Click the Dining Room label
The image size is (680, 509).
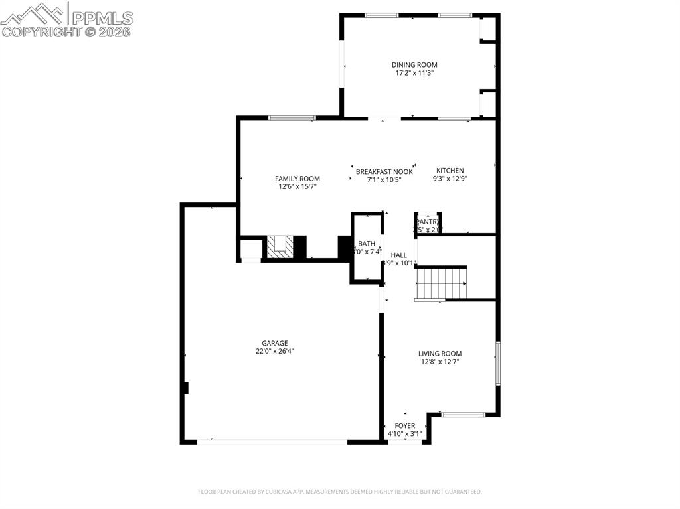point(414,65)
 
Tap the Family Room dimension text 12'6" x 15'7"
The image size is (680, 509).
point(297,187)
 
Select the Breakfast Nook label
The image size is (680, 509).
point(384,171)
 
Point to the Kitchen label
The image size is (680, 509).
point(450,171)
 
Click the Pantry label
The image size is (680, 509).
point(428,222)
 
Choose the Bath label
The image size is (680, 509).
point(366,244)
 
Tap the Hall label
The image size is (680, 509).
point(398,255)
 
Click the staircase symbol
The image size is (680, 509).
point(442,283)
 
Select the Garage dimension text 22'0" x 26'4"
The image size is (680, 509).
point(275,352)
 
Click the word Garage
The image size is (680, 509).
point(274,343)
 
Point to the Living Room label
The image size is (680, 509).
point(440,354)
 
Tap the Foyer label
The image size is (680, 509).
point(404,426)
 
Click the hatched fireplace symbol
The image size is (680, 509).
point(280,247)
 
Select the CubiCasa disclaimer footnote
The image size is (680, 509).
point(340,492)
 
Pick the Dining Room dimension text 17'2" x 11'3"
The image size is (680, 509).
point(414,74)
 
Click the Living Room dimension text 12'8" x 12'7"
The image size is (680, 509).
point(440,362)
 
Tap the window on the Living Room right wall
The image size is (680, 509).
point(497,363)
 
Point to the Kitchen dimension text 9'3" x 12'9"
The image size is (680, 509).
point(450,179)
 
